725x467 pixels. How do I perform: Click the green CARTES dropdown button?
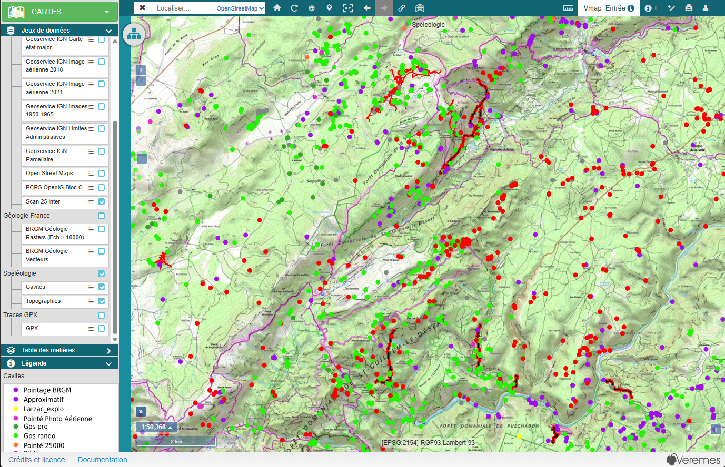pyautogui.click(x=59, y=12)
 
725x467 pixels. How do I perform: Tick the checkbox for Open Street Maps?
pyautogui.click(x=102, y=174)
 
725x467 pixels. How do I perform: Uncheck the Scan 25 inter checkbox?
pyautogui.click(x=102, y=202)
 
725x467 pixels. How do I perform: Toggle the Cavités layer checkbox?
pyautogui.click(x=102, y=287)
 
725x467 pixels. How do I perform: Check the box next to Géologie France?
pyautogui.click(x=102, y=216)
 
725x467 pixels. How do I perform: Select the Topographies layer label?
pyautogui.click(x=43, y=301)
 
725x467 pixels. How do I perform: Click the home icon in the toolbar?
pyautogui.click(x=277, y=8)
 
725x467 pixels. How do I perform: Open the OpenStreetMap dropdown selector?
pyautogui.click(x=240, y=8)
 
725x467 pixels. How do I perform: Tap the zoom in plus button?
pyautogui.click(x=141, y=70)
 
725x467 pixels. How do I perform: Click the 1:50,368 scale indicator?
pyautogui.click(x=156, y=427)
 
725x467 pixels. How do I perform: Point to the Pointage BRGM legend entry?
pyautogui.click(x=47, y=390)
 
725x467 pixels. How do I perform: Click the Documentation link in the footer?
pyautogui.click(x=102, y=460)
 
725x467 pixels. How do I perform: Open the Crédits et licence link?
pyautogui.click(x=37, y=460)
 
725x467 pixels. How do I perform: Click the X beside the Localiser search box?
pyautogui.click(x=142, y=8)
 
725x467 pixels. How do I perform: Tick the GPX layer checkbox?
pyautogui.click(x=102, y=329)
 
